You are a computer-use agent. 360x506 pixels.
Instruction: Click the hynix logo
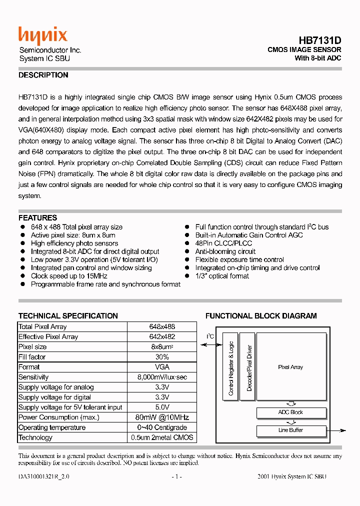coord(42,36)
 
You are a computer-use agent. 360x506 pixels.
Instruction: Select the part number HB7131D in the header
coord(320,40)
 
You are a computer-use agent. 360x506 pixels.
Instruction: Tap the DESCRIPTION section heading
coord(43,75)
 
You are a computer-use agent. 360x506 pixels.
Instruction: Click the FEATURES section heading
coord(37,218)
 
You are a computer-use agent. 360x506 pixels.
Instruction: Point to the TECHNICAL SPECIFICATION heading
coord(68,316)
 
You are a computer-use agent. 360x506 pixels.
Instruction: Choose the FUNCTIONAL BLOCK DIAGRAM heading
coord(261,316)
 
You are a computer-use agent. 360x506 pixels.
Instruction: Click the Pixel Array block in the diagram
coord(290,367)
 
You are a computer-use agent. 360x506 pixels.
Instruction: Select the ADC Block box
coord(290,412)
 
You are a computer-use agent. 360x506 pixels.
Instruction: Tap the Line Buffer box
coord(290,430)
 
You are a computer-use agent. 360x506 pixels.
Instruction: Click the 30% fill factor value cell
coord(162,357)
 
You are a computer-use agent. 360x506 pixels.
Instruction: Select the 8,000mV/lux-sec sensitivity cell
coord(162,377)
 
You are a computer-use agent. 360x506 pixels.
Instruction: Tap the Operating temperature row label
coord(52,427)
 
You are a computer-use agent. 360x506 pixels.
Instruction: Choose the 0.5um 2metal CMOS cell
coord(162,437)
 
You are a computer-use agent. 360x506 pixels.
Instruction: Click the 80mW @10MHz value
coord(162,417)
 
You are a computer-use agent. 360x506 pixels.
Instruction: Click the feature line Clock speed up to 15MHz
coord(69,276)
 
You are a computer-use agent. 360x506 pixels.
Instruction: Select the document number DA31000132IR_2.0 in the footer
coord(44,477)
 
